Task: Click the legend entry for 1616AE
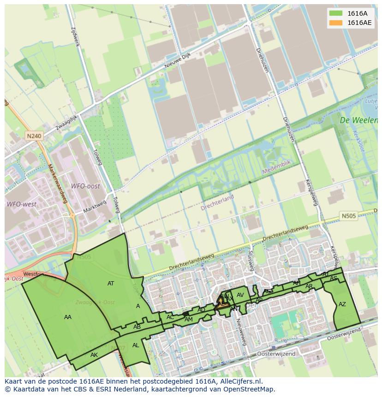(x=359, y=23)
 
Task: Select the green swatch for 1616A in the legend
(x=336, y=13)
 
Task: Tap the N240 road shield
(x=34, y=136)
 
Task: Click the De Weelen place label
(x=358, y=120)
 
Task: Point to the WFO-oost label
(x=85, y=186)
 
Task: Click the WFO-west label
(x=21, y=204)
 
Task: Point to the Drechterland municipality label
(x=217, y=203)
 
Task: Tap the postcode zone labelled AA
(x=68, y=317)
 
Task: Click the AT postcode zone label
(x=111, y=284)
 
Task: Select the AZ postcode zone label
(x=342, y=304)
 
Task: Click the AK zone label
(x=94, y=355)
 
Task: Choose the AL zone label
(x=136, y=345)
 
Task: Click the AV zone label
(x=240, y=295)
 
